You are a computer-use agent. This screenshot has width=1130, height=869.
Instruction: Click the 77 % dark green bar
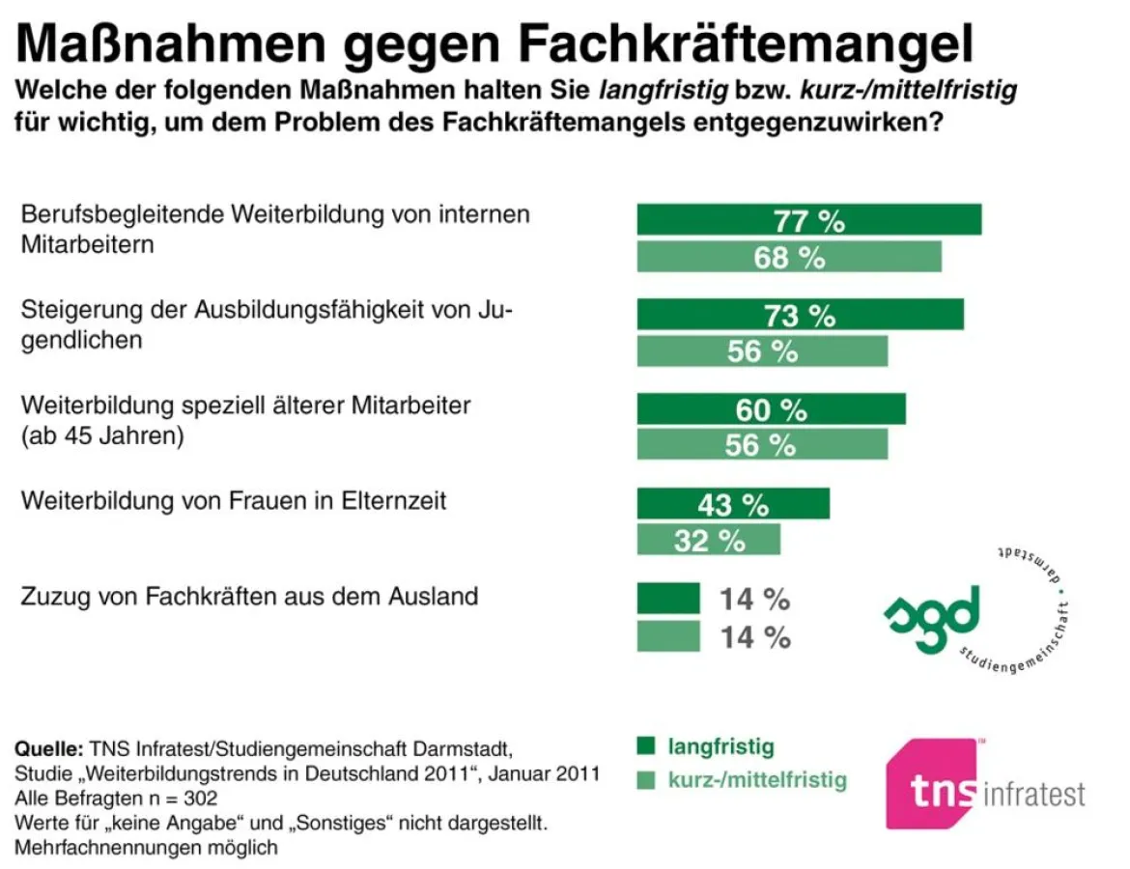808,220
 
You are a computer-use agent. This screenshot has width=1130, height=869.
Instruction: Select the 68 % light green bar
788,257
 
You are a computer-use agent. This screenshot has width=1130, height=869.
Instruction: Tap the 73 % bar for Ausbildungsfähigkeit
800,315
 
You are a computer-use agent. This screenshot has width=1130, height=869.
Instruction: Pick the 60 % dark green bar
771,409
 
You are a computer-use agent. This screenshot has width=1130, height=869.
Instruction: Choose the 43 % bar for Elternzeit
732,503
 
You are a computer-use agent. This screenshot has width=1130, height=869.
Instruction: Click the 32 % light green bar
708,540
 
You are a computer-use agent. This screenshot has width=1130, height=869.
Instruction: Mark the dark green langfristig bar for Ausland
667,599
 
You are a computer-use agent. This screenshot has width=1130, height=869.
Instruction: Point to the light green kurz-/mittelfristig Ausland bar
667,635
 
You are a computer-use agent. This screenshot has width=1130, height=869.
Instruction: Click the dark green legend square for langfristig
646,745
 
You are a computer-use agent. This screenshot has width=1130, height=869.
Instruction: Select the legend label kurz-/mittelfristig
756,779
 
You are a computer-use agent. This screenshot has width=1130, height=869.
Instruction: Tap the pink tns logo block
932,784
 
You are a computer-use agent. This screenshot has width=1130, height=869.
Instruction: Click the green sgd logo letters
932,618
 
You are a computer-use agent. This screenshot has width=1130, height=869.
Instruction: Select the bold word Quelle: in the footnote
48,749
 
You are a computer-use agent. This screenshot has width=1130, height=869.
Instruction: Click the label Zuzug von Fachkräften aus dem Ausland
249,597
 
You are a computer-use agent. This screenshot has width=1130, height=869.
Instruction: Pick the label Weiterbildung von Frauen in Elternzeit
233,502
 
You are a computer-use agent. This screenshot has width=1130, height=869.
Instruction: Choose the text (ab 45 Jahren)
102,434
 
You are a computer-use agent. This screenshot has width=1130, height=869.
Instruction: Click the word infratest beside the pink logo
1033,794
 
